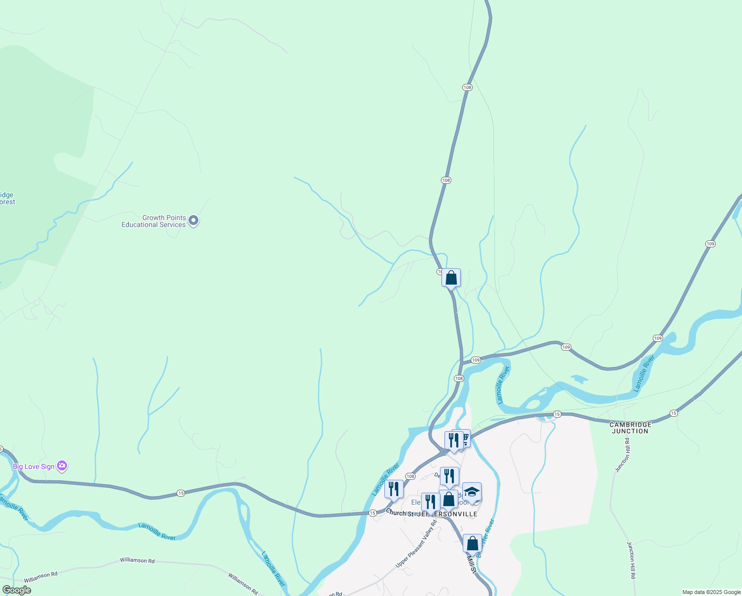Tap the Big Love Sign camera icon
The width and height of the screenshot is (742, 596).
[62, 466]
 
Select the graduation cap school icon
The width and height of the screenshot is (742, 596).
[472, 492]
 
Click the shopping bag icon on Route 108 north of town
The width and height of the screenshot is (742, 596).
[451, 277]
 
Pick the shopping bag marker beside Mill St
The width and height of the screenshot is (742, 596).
[472, 543]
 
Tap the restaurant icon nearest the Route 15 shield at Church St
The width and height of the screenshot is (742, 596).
[393, 489]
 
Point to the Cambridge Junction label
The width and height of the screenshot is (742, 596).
[630, 428]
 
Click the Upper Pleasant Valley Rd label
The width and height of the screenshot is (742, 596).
[416, 544]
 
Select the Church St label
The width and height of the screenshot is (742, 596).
[399, 513]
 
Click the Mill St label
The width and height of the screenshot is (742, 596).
[472, 564]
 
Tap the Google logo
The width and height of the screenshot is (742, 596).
[16, 590]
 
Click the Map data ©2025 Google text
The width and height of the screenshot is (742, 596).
[711, 592]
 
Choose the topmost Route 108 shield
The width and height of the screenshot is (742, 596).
[467, 87]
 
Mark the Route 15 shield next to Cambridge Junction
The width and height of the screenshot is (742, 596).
[673, 413]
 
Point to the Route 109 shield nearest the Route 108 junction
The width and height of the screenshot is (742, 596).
[476, 360]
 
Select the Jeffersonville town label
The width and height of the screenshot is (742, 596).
[447, 514]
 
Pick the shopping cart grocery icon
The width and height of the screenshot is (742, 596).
[464, 439]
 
